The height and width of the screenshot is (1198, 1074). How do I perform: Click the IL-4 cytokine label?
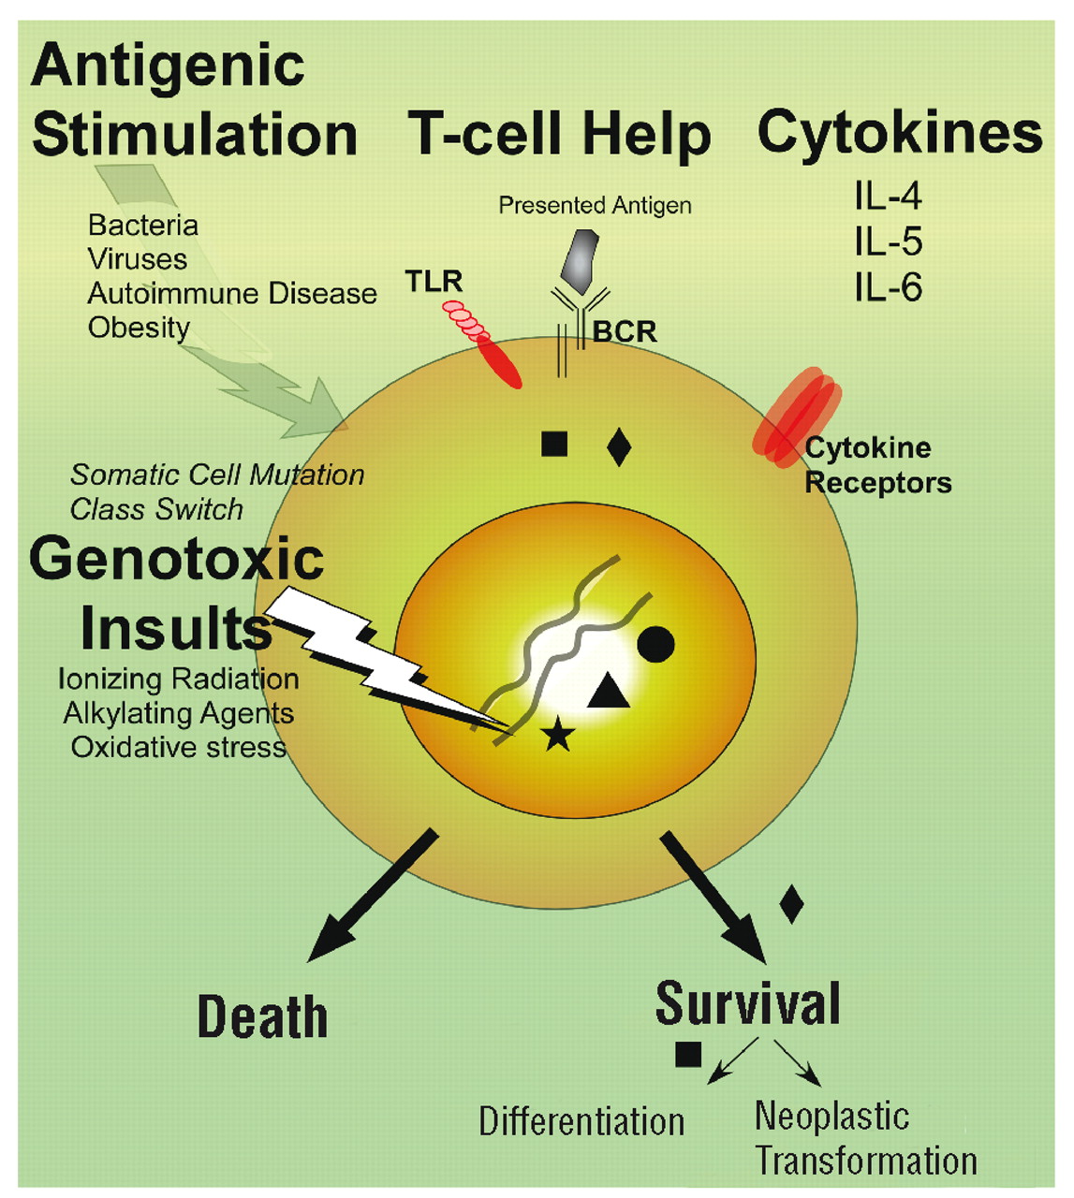coord(888,197)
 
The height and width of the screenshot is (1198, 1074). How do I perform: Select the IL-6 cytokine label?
coord(888,287)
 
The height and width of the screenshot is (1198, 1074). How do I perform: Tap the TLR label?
coord(434,280)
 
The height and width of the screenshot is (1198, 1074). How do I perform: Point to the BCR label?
coord(625,331)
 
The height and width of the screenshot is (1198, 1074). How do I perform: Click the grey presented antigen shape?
coord(580,256)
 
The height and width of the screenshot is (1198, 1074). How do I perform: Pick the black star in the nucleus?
coord(558,734)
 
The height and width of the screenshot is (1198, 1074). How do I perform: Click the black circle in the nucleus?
coord(655,643)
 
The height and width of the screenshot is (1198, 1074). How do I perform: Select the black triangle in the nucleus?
coord(608,692)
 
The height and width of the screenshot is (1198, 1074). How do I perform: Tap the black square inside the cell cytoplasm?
coord(554,443)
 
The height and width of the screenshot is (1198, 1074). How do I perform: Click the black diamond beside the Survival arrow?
coord(791,903)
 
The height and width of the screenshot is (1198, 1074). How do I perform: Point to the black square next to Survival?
coord(688,1054)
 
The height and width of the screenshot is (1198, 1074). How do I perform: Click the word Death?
coord(262,1017)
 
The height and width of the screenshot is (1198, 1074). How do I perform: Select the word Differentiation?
coord(581,1121)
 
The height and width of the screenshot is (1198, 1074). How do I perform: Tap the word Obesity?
coord(139,328)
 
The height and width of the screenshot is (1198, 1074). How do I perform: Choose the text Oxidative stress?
coord(179,747)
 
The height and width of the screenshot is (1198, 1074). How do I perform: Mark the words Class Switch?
coord(156,509)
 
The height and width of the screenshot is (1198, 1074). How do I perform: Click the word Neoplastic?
coord(831,1116)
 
